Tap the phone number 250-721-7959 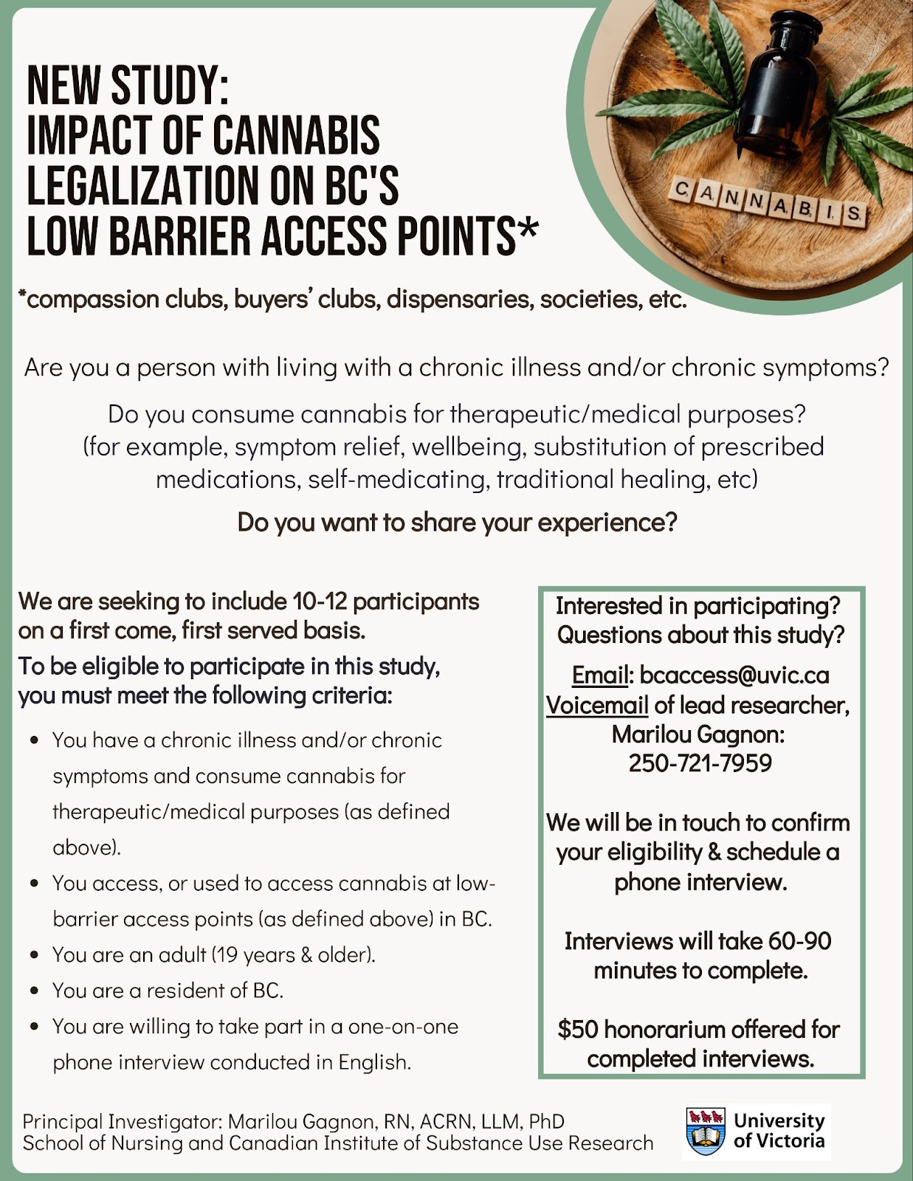tap(700, 763)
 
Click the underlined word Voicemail tap(596, 706)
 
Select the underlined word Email tap(599, 675)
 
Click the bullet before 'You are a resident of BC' tap(34, 991)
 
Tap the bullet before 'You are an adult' tap(34, 955)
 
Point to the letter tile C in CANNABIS tap(683, 190)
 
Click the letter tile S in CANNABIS tap(854, 215)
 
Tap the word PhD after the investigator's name tap(547, 1122)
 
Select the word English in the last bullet tap(374, 1062)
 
